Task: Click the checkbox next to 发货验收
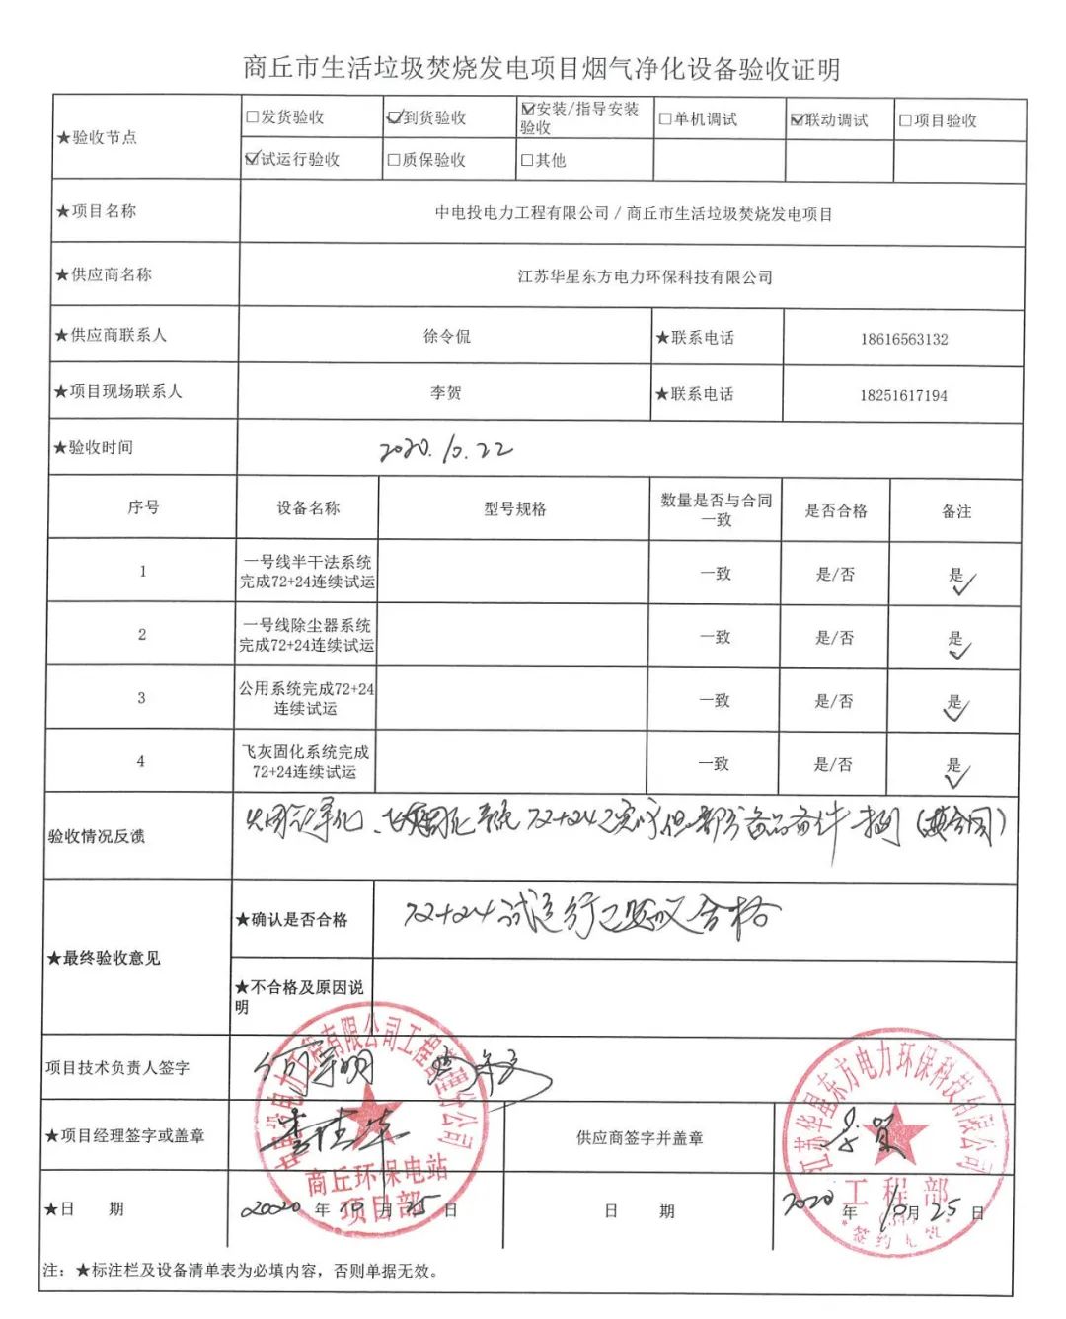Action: click(253, 117)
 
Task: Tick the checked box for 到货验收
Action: click(395, 117)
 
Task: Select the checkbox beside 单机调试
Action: click(665, 120)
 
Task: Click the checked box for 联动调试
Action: click(798, 120)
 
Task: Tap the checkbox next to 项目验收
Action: click(905, 121)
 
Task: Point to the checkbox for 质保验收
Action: click(394, 160)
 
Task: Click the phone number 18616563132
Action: click(903, 339)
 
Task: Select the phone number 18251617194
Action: click(903, 395)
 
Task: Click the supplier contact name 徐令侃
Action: click(446, 336)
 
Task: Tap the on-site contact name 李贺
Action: click(445, 393)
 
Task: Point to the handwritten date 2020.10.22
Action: click(446, 450)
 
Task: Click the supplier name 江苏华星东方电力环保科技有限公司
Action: click(645, 277)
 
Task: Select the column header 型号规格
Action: click(514, 509)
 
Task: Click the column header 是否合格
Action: click(835, 510)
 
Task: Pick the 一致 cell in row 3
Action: click(715, 701)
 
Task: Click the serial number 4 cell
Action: click(140, 761)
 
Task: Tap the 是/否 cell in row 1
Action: click(835, 575)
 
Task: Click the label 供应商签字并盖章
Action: click(640, 1138)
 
